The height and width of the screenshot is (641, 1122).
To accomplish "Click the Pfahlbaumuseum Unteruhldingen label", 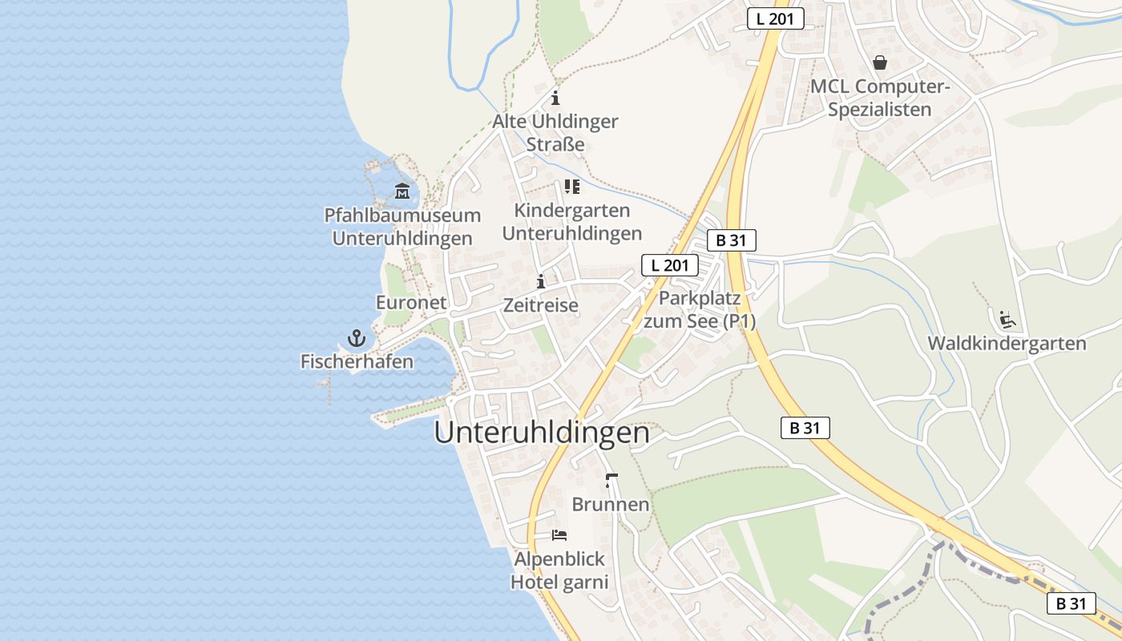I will [x=402, y=227].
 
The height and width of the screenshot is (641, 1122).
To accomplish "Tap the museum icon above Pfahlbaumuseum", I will [x=402, y=191].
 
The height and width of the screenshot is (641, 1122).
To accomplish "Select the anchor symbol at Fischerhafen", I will [x=357, y=338].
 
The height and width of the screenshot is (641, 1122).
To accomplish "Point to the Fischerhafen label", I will [x=357, y=361].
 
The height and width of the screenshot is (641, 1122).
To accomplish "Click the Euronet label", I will [x=411, y=303].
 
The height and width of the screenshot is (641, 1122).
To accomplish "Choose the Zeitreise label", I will [x=541, y=305].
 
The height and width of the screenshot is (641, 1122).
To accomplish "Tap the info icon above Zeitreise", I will [x=541, y=282].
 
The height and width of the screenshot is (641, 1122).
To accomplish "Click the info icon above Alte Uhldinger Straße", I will [x=555, y=99].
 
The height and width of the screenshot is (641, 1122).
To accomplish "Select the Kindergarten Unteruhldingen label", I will [x=571, y=222].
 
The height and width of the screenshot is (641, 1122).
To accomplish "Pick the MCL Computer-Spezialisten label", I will [x=880, y=98].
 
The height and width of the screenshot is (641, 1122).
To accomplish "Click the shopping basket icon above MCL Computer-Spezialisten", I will [x=880, y=62].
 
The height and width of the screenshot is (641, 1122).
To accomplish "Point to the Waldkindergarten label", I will [x=1007, y=344].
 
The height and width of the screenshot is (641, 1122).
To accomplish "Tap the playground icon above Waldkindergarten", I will [x=1007, y=320].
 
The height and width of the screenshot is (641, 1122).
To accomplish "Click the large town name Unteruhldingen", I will [x=542, y=433].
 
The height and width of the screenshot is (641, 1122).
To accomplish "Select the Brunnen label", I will [x=611, y=505].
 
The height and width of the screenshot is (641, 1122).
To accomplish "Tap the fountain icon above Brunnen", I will [x=611, y=481].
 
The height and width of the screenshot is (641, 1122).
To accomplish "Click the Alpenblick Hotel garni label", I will [x=559, y=570].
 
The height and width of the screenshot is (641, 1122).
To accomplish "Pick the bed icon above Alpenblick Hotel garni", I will [x=559, y=534].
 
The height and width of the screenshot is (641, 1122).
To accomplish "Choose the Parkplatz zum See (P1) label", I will [x=700, y=309].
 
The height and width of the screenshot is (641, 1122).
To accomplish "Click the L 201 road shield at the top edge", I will [x=775, y=19].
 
